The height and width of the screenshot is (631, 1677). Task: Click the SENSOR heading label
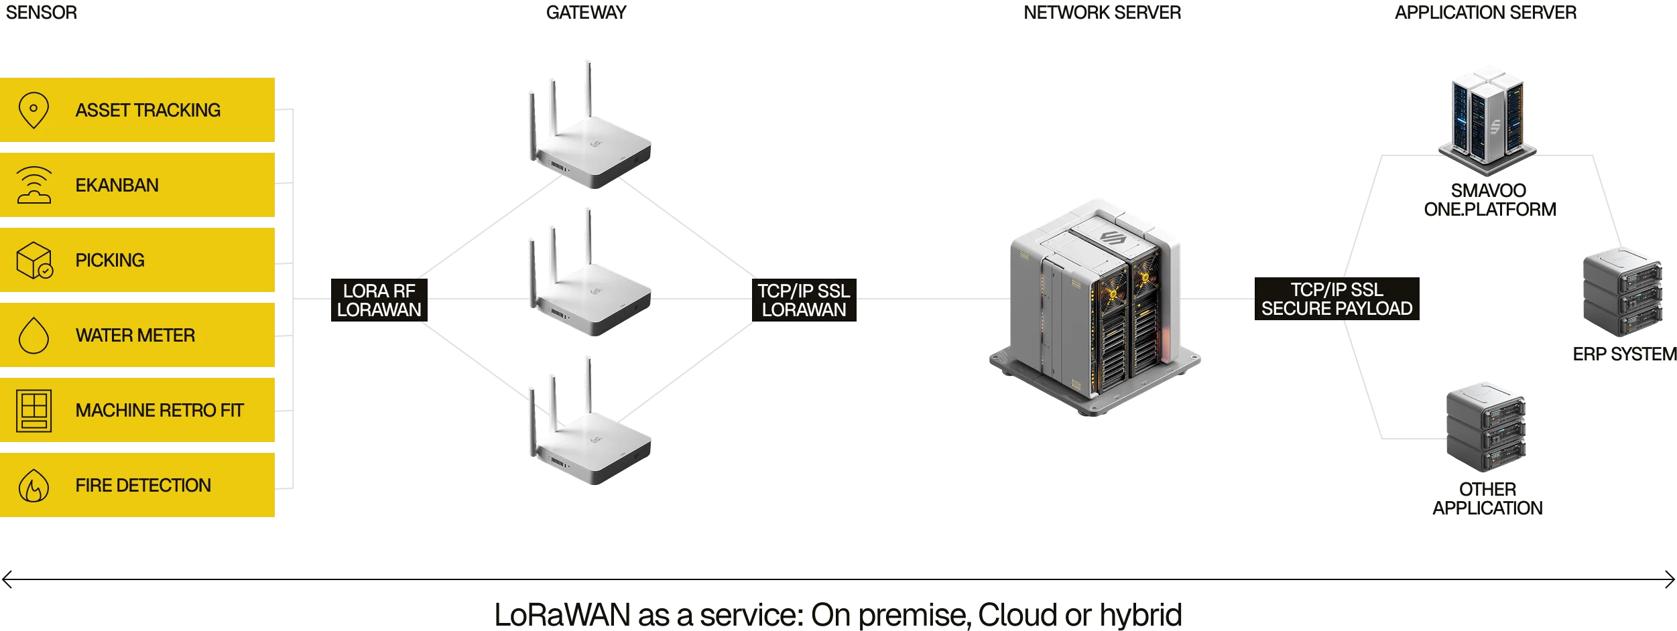point(42,13)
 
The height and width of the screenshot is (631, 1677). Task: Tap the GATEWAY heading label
point(585,13)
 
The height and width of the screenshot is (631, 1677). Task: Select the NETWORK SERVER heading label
point(1101,13)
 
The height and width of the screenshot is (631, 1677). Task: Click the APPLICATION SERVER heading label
point(1485,13)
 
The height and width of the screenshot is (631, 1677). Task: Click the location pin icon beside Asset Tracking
point(34,111)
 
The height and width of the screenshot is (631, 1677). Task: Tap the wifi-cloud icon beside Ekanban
point(34,185)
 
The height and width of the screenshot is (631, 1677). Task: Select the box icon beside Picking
point(34,261)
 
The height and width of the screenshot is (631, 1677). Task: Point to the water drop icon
point(34,335)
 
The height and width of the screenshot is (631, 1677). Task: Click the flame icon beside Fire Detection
point(34,486)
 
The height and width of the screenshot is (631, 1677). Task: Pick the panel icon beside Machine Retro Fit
point(34,410)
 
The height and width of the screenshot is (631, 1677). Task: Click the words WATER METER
point(135,335)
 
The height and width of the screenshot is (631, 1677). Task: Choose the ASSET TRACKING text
point(147,111)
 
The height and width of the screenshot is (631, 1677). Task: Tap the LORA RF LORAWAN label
point(379,300)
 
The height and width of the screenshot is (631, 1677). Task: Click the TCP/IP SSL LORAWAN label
point(804,300)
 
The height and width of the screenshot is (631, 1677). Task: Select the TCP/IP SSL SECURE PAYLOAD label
point(1337,299)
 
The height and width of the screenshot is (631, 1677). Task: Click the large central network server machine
point(1094,308)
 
